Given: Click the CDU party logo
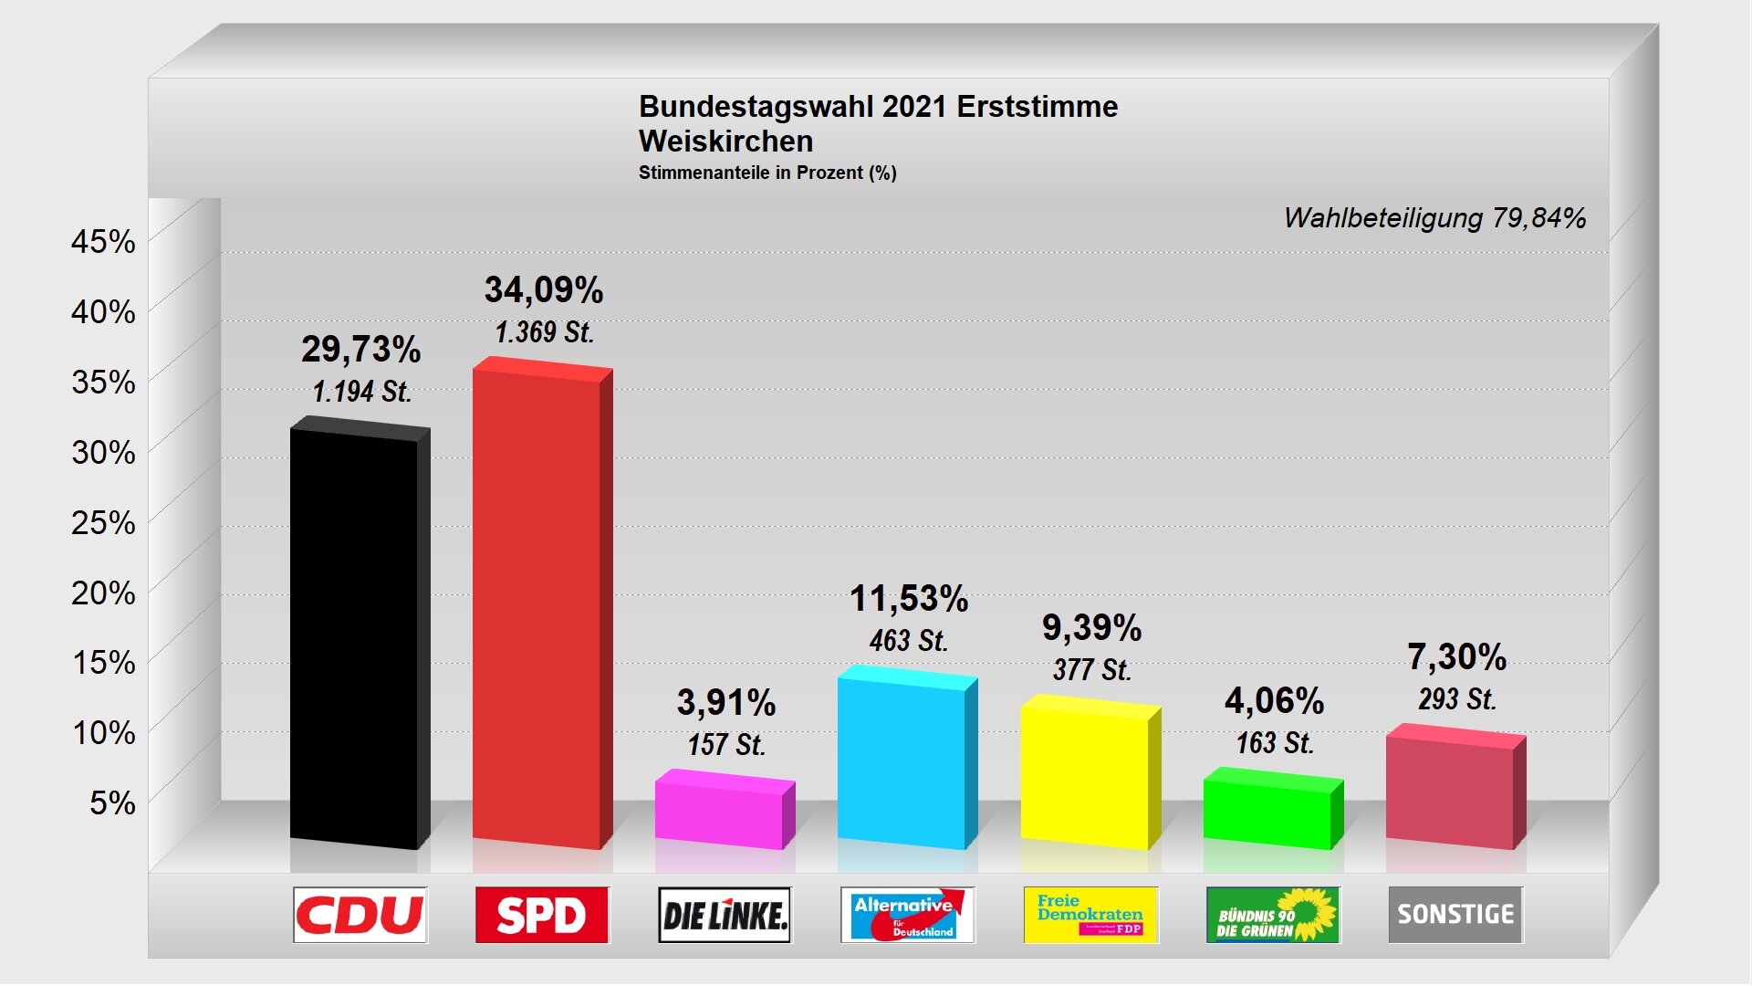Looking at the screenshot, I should click(x=360, y=915).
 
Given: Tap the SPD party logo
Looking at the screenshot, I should click(x=542, y=915).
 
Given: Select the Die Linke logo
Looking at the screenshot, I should click(x=725, y=915).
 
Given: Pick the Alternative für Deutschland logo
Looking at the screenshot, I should click(x=907, y=915).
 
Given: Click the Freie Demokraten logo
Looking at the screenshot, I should click(x=1090, y=915).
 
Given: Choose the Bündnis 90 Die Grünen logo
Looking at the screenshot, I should click(x=1273, y=915).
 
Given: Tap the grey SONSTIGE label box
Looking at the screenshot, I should click(x=1455, y=915).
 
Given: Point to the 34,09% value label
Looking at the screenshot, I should click(x=544, y=290).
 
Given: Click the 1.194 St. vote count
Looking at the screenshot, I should click(x=362, y=392).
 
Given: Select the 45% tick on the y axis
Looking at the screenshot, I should click(x=103, y=242).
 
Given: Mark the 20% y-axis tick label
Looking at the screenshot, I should click(x=103, y=593).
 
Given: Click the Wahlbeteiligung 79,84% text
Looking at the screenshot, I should click(x=1434, y=218).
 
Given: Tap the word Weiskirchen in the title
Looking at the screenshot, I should click(x=725, y=142).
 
